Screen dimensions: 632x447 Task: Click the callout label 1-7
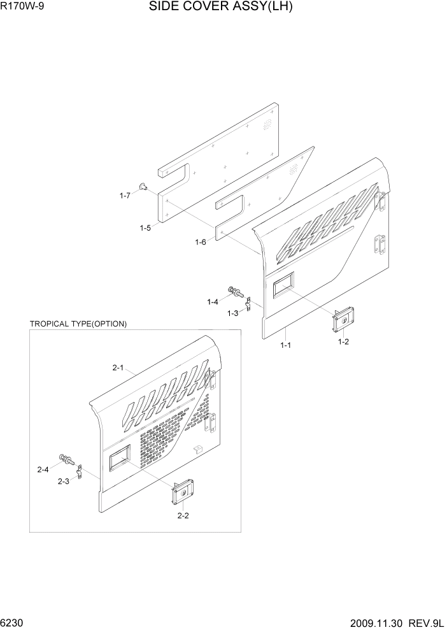[x=124, y=196]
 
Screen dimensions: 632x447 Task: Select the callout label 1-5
[x=145, y=227]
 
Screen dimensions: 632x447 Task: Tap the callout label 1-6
[x=201, y=242]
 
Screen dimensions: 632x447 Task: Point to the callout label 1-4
[x=213, y=301]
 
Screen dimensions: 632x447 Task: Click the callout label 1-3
[x=233, y=313]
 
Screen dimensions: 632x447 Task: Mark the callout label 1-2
[x=343, y=342]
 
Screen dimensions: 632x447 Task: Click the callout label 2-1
[x=118, y=367]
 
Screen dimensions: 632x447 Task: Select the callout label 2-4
[x=43, y=470]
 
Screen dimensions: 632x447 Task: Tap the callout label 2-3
[x=63, y=481]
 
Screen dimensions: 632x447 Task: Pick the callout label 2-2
[x=183, y=515]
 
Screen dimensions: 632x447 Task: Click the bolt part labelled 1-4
[x=235, y=292]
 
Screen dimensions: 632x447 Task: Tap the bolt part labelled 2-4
[x=66, y=458]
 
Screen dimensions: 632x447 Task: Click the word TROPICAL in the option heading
[x=50, y=324]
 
